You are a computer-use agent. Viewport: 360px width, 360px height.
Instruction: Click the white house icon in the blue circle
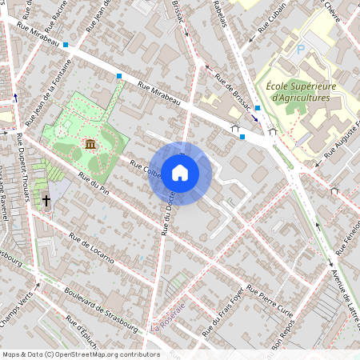[x=180, y=173]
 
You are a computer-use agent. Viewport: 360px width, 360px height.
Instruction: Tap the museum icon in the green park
[x=90, y=144]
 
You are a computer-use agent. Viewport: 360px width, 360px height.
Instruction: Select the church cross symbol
[x=46, y=200]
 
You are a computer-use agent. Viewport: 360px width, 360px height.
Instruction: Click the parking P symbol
[x=301, y=49]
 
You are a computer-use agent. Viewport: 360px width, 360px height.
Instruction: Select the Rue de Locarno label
[x=91, y=248]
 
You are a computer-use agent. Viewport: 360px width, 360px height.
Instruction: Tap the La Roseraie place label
[x=167, y=318]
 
